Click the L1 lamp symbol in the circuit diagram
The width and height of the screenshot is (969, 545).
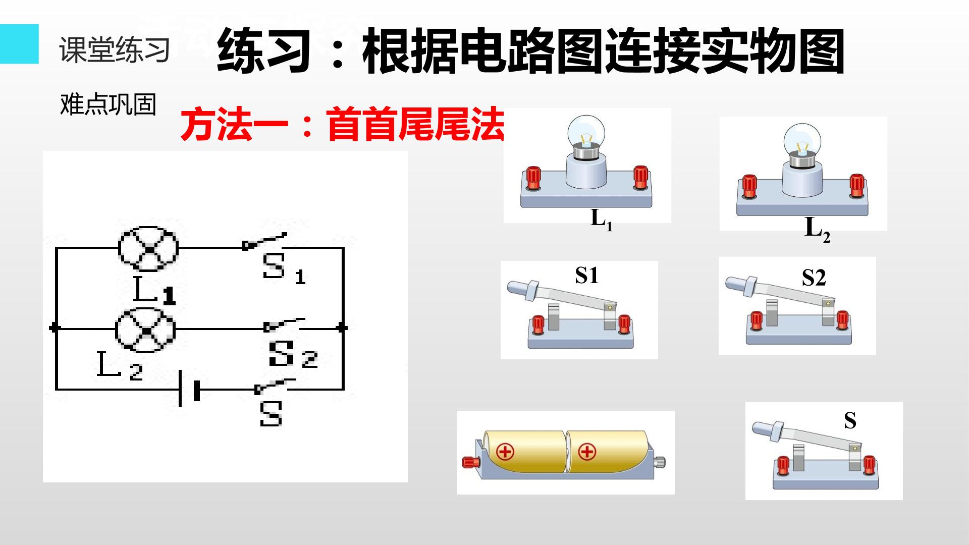[x=148, y=249]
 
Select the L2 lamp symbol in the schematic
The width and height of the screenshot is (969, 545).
[x=145, y=329]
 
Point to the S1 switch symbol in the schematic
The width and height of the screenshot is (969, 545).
[x=264, y=242]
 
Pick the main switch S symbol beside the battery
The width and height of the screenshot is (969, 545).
[x=275, y=386]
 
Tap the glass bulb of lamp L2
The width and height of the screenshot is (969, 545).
[x=802, y=140]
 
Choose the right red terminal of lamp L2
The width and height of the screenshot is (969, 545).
[x=857, y=186]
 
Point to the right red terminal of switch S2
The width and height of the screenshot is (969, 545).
[x=842, y=320]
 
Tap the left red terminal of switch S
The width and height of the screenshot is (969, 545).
[x=783, y=465]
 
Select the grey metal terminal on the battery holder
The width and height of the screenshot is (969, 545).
[x=659, y=462]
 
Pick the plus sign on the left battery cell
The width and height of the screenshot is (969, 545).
[x=505, y=451]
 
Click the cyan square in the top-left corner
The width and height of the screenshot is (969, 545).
[x=19, y=44]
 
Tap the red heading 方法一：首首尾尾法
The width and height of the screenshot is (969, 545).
[x=343, y=124]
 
